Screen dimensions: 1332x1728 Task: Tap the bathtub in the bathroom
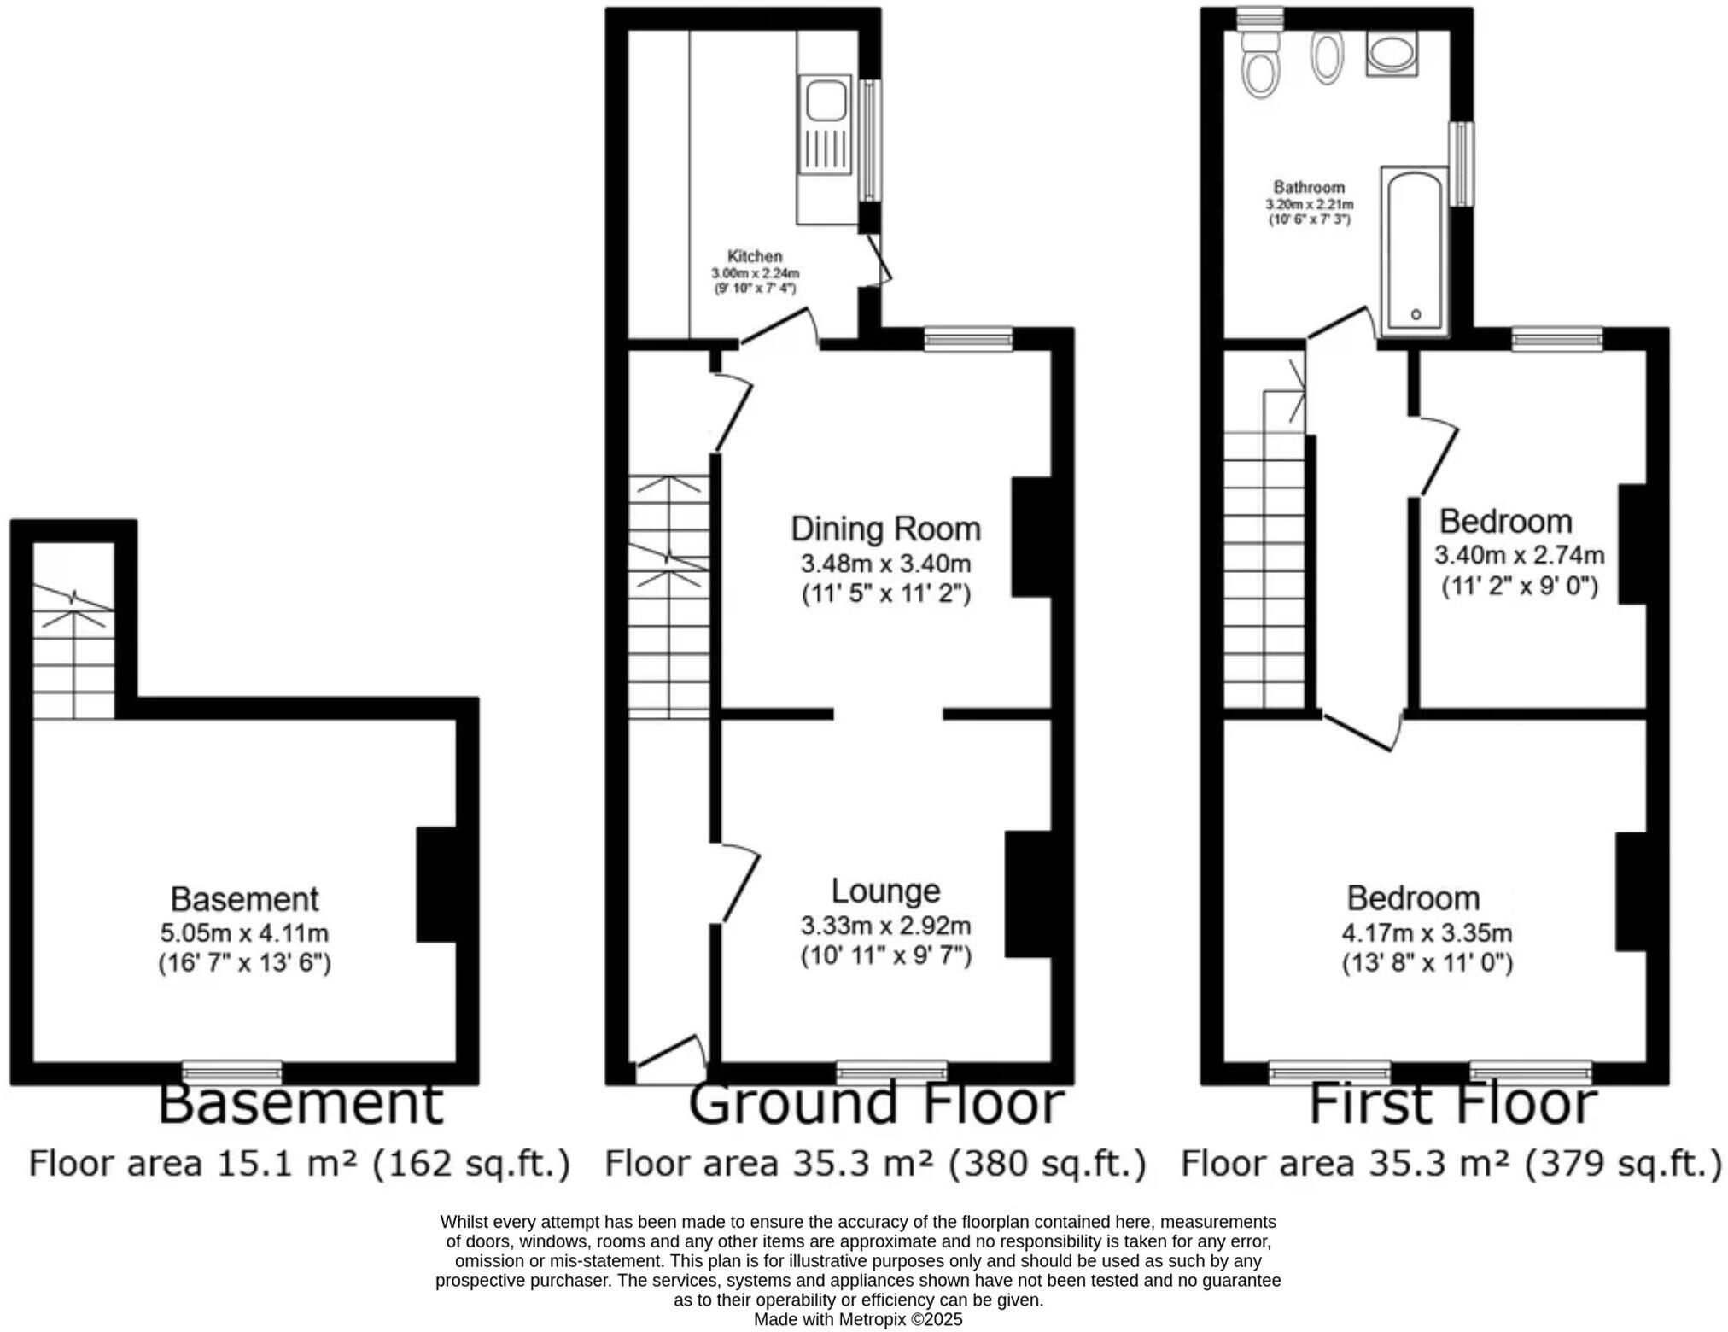[1415, 251]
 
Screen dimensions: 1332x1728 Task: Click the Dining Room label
[885, 529]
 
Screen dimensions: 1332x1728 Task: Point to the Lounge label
[885, 891]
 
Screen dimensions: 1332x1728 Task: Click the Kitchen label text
[755, 256]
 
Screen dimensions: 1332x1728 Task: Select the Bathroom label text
[1309, 187]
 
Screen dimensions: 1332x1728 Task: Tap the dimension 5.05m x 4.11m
[244, 932]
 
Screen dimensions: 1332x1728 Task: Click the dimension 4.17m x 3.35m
[1427, 932]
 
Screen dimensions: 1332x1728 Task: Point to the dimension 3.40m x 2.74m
[1519, 555]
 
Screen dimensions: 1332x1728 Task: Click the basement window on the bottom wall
[232, 1072]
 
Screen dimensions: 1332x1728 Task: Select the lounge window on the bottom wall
[891, 1072]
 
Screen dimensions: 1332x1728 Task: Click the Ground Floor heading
[876, 1102]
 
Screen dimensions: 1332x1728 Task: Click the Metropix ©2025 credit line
[857, 1319]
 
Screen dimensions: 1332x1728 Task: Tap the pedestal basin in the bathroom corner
[1392, 54]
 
